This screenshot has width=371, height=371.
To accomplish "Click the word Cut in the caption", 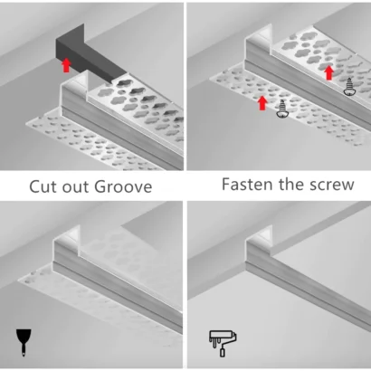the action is pyautogui.click(x=43, y=186).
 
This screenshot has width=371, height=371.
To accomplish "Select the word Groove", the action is pyautogui.click(x=123, y=186).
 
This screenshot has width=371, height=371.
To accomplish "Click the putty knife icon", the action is pyautogui.click(x=24, y=342).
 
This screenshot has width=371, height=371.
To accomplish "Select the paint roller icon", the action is pyautogui.click(x=223, y=344).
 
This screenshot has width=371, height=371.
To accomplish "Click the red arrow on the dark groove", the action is pyautogui.click(x=66, y=65).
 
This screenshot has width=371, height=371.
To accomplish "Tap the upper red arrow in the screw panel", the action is pyautogui.click(x=329, y=72).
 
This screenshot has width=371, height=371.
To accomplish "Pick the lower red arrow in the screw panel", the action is pyautogui.click(x=262, y=103).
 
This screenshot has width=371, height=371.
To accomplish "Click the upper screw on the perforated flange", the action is pyautogui.click(x=349, y=87).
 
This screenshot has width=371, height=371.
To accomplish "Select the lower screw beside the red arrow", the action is pyautogui.click(x=282, y=109).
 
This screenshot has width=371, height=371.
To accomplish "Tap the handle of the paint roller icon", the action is pyautogui.click(x=223, y=352).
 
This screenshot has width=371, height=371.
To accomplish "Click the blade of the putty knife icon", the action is pyautogui.click(x=24, y=336).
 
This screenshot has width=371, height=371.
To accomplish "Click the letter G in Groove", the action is pyautogui.click(x=100, y=186).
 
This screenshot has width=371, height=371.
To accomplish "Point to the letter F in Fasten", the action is pyautogui.click(x=226, y=185).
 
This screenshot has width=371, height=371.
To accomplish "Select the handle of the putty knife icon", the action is pyautogui.click(x=24, y=350).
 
